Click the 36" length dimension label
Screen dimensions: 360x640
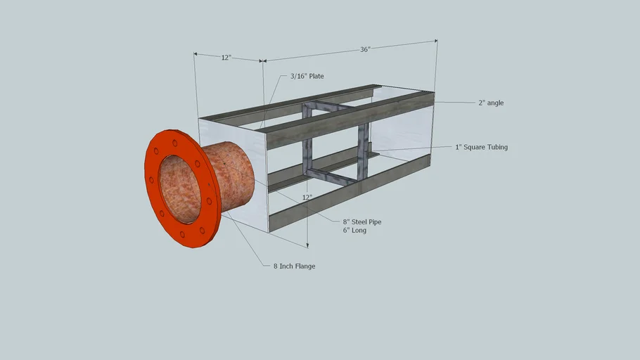pos(365,49)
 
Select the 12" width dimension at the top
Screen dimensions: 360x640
pos(226,58)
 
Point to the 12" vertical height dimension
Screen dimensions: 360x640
pos(307,198)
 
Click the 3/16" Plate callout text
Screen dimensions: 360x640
pos(307,76)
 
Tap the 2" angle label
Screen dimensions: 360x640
pos(491,103)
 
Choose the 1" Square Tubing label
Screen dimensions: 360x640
pos(481,147)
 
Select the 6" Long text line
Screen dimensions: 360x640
pos(354,230)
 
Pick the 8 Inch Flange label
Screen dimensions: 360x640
pos(294,266)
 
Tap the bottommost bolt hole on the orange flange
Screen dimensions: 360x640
pos(183,235)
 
